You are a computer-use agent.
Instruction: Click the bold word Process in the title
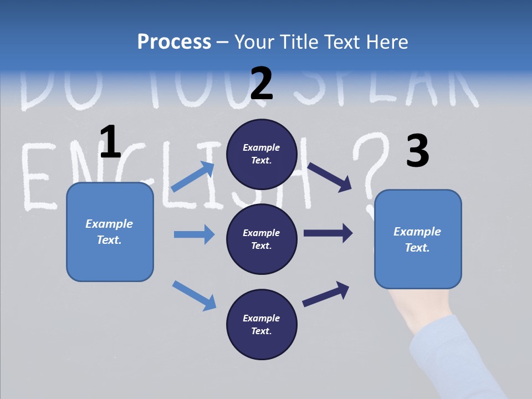(174, 42)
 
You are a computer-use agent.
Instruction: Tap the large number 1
(110, 142)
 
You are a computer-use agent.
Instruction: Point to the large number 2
(262, 84)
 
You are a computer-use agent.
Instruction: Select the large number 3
(418, 151)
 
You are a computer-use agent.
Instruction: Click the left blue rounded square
(110, 232)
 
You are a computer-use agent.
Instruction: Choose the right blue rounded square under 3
(418, 239)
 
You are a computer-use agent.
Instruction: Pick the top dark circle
(262, 154)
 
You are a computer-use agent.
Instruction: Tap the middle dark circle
(262, 239)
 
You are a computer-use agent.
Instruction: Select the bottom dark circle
(262, 324)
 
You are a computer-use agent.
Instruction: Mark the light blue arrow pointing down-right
(194, 295)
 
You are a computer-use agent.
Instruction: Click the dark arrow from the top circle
(329, 177)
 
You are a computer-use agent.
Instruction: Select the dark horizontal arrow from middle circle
(328, 233)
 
